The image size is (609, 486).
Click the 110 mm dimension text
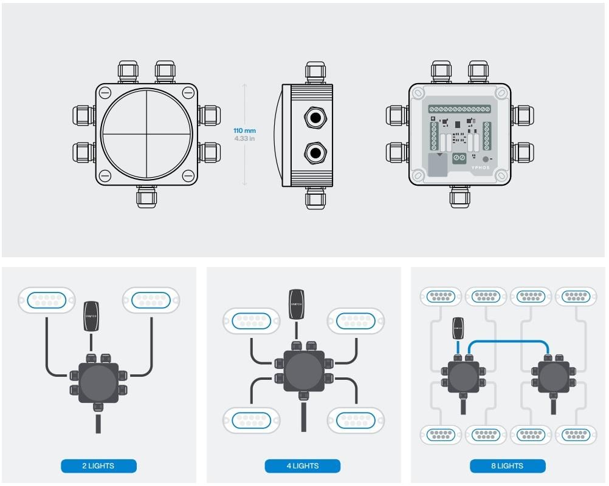tap(244, 130)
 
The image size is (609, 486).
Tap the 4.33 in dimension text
tap(244, 139)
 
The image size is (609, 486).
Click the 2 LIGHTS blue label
tap(98, 466)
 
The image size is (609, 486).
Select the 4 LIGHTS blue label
tap(302, 466)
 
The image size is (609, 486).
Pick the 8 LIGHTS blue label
tap(507, 466)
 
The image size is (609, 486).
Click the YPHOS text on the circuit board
tap(480, 167)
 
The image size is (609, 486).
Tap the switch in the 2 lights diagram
tap(91, 316)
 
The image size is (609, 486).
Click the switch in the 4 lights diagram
tap(296, 305)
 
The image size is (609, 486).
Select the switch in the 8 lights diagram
tap(458, 328)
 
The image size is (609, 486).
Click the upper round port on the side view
tap(314, 116)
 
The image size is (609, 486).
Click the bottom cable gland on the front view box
tap(146, 197)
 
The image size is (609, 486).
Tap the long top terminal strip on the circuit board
tap(459, 109)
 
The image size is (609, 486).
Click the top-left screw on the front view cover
tap(105, 93)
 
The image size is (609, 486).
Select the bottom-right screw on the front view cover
tap(188, 177)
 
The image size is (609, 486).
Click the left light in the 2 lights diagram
tap(47, 300)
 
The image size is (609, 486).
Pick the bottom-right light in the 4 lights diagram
tap(356, 420)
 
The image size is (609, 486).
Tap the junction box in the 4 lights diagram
tap(303, 371)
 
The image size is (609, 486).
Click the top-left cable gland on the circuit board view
tap(441, 71)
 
